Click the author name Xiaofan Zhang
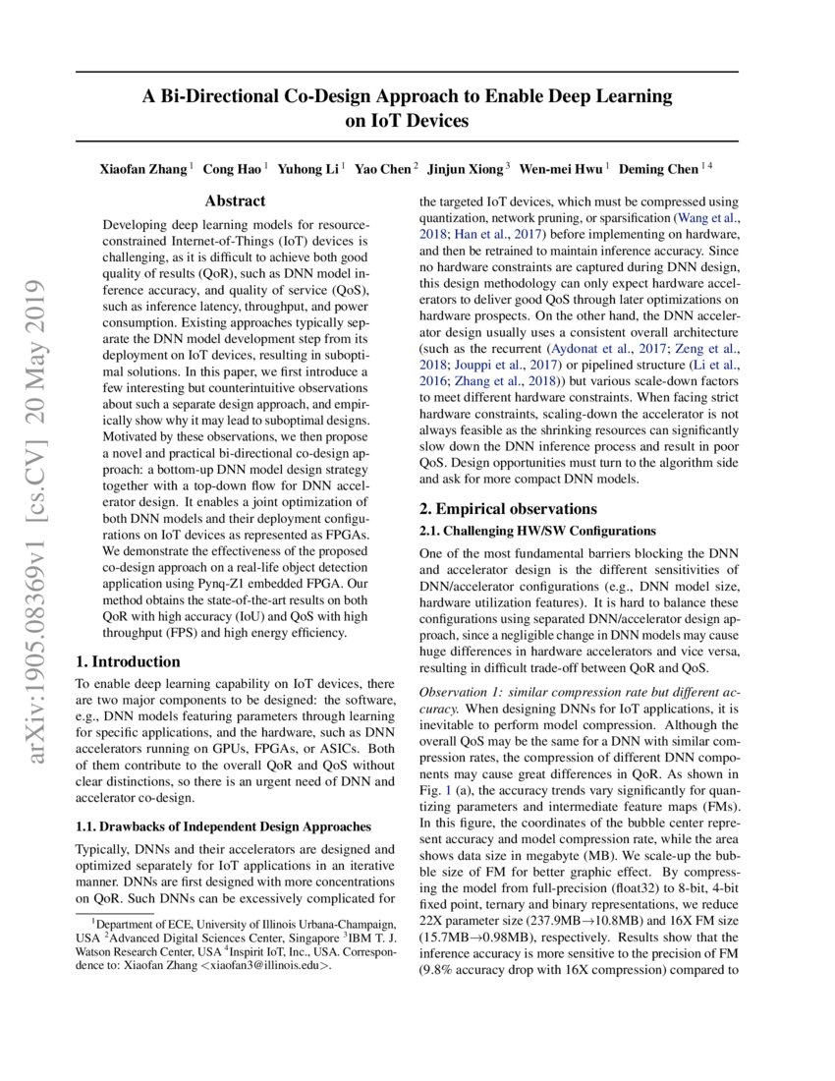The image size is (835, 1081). pos(142,168)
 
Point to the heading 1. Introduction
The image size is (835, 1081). pos(129,662)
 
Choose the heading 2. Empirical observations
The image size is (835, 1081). pos(508,509)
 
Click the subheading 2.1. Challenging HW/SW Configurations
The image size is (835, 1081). pos(537,531)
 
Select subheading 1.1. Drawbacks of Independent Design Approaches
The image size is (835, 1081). pos(223,826)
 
